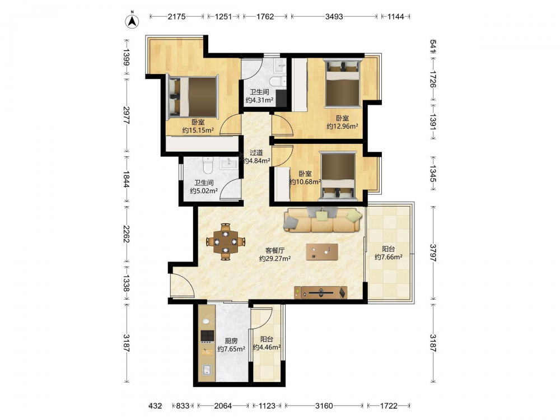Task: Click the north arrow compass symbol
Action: [132, 20]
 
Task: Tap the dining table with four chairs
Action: [225, 241]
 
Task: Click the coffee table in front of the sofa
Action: [322, 252]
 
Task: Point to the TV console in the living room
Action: [320, 292]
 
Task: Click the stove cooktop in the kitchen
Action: [207, 335]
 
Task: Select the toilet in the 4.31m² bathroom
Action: [278, 81]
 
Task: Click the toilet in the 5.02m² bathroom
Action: [208, 165]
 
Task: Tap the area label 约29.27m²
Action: [274, 259]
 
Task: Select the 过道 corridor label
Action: [256, 152]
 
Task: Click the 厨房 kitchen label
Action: [231, 340]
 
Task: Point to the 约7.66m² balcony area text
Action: [389, 257]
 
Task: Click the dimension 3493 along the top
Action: [334, 16]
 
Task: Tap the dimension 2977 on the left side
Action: [125, 115]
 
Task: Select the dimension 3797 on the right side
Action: [433, 253]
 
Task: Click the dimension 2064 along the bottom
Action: [223, 405]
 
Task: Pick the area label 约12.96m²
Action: [343, 126]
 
